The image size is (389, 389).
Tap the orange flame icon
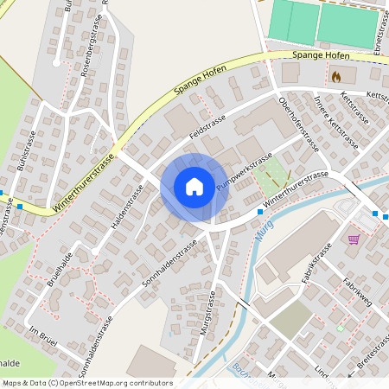(x=336, y=76)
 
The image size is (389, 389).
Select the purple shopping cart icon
(x=354, y=239)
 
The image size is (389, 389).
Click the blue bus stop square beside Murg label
(x=260, y=211)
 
